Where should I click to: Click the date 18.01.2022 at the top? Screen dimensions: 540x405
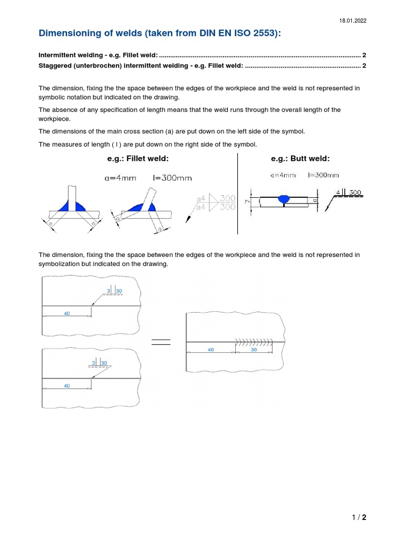tap(352, 21)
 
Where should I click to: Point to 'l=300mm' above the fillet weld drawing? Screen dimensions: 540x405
tap(169, 178)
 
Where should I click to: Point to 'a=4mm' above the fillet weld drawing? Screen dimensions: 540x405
tap(121, 178)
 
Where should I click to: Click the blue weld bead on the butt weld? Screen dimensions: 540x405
tap(284, 199)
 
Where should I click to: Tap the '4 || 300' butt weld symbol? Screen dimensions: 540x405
tap(348, 193)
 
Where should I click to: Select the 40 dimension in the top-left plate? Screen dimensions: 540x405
tap(66, 313)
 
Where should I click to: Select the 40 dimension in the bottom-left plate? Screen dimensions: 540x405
tap(66, 385)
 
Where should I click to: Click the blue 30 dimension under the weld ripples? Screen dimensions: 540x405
tap(253, 350)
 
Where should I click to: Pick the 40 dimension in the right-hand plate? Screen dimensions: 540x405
tap(210, 350)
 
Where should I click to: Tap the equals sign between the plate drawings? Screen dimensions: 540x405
tap(161, 342)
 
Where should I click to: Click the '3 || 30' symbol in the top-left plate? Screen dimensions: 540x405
tap(114, 291)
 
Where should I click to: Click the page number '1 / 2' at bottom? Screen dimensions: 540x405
tap(359, 517)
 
